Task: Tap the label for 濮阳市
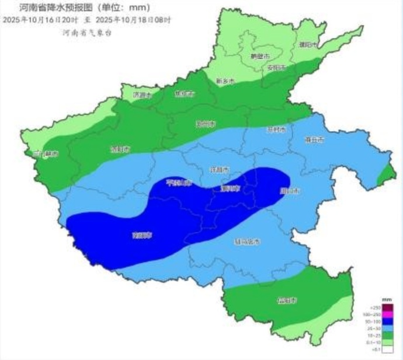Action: click(x=307, y=44)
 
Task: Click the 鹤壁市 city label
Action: click(x=259, y=57)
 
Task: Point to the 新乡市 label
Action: click(x=225, y=81)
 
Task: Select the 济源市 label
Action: click(x=141, y=94)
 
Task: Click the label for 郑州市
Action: click(x=206, y=124)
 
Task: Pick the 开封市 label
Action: click(x=275, y=129)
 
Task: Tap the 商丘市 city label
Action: click(x=314, y=139)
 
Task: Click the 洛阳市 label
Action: click(x=119, y=149)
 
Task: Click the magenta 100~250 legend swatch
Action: click(x=388, y=314)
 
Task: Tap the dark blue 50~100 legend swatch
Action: click(x=388, y=321)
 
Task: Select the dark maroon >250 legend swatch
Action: click(x=388, y=307)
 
